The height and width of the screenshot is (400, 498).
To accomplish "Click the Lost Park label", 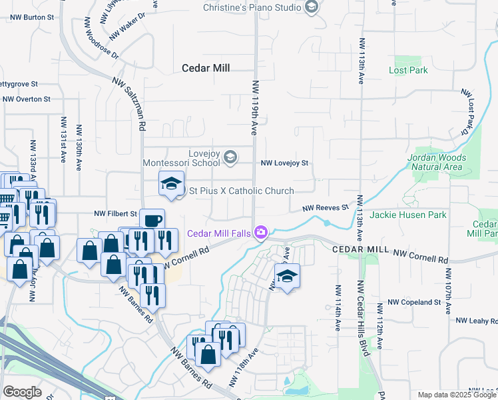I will click(x=408, y=70).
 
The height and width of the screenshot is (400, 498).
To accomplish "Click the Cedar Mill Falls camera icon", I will click(x=261, y=233).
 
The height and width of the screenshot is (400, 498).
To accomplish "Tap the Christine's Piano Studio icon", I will click(x=311, y=7).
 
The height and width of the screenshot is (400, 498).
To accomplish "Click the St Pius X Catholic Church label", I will click(x=242, y=191).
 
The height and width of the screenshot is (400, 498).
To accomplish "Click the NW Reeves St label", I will click(x=326, y=208).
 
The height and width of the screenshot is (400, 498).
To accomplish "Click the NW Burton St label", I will click(x=29, y=17).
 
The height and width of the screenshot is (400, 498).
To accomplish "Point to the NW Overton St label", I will click(x=27, y=99).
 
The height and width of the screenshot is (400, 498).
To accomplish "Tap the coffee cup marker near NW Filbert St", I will click(x=152, y=220).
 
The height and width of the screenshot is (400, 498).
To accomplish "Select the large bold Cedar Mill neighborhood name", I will click(x=206, y=67).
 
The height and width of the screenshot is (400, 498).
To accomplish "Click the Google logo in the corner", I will click(x=22, y=391).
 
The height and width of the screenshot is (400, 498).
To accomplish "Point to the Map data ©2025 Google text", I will click(x=457, y=395).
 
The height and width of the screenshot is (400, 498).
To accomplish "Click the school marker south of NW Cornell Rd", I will click(x=288, y=275).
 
